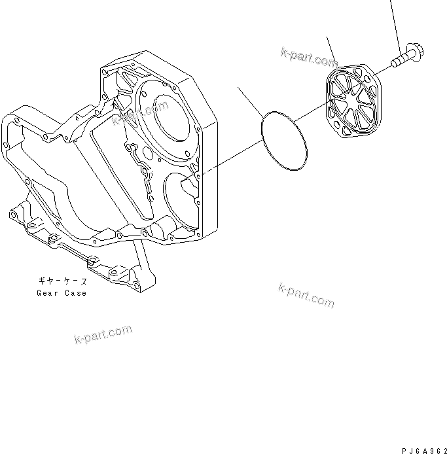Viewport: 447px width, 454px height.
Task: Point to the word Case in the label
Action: click(x=75, y=293)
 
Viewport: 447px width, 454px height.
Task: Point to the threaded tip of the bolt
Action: click(x=395, y=63)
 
